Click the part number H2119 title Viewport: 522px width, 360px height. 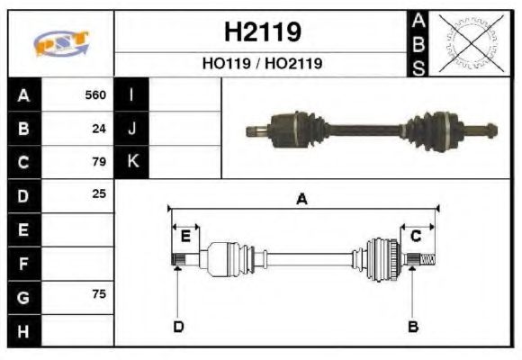coord(262,32)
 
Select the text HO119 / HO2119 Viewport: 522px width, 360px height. coord(262,64)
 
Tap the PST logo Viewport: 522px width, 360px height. coord(60,44)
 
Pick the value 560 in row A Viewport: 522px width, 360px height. coord(94,95)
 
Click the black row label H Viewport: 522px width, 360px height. coord(24,330)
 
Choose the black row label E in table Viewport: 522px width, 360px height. coord(24,229)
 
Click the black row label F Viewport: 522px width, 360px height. coord(24,263)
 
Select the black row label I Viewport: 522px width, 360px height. coord(132,95)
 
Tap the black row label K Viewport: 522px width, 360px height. coord(132,162)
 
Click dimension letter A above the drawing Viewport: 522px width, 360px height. coord(302,200)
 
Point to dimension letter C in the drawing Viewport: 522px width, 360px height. coord(416,236)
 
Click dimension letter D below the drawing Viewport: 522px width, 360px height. coord(178,326)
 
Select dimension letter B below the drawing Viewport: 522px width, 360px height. coord(413,326)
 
